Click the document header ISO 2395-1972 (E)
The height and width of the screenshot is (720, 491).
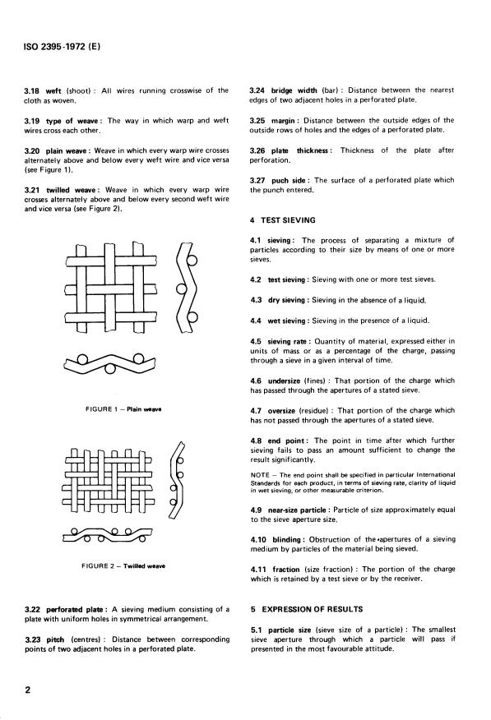pyautogui.click(x=62, y=46)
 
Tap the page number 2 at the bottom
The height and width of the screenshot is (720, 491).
pyautogui.click(x=28, y=690)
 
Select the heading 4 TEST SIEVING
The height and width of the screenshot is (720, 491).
pyautogui.click(x=282, y=220)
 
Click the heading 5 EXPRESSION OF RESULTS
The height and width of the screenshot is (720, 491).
pyautogui.click(x=306, y=609)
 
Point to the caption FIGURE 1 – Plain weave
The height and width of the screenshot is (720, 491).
pyautogui.click(x=123, y=409)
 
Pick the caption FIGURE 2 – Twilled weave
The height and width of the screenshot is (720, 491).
pyautogui.click(x=123, y=566)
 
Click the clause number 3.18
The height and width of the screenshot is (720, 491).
pyautogui.click(x=32, y=91)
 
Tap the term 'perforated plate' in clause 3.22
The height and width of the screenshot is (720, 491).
pyautogui.click(x=76, y=610)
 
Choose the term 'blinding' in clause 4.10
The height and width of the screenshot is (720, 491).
pyautogui.click(x=286, y=539)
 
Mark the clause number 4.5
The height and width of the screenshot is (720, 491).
pyautogui.click(x=256, y=342)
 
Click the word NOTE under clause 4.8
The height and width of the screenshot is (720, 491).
pyautogui.click(x=261, y=475)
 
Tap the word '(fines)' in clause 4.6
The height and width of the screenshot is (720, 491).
pyautogui.click(x=315, y=381)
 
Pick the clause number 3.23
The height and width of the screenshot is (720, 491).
pyautogui.click(x=32, y=639)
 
